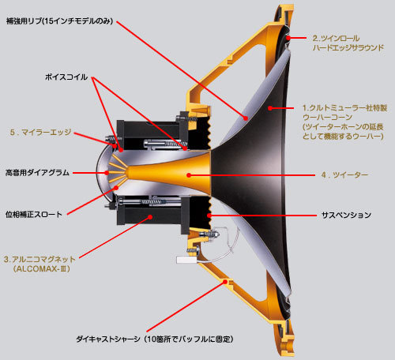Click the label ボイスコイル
click(66, 77)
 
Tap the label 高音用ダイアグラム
click(37, 173)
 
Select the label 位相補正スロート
click(34, 214)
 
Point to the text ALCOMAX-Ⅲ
click(42, 269)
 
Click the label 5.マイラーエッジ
click(40, 132)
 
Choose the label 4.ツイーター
click(344, 174)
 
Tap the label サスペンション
click(346, 216)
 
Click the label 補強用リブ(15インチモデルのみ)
click(59, 21)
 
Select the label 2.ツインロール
click(336, 39)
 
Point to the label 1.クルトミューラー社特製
click(345, 108)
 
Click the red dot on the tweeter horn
click(189, 174)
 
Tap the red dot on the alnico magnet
click(150, 217)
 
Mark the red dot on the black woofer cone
click(270, 108)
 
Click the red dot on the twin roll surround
click(288, 38)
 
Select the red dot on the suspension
click(209, 216)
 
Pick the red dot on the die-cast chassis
click(225, 282)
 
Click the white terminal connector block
click(186, 260)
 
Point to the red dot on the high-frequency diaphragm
click(107, 173)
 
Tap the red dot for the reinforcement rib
click(246, 118)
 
